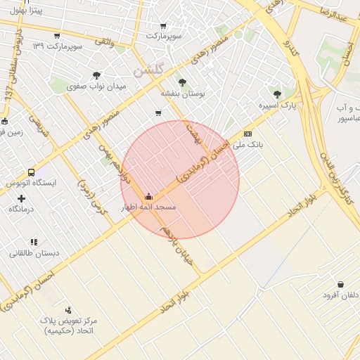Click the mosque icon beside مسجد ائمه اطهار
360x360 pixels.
pos(148,197)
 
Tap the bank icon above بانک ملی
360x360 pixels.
pos(247,134)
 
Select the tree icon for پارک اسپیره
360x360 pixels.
pos(277,94)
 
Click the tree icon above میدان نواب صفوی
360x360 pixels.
pos(96,75)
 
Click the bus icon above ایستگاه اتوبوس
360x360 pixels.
pos(30,172)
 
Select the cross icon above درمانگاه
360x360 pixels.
pos(21,199)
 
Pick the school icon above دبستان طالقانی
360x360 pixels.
pos(34,242)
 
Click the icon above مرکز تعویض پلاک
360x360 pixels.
pos(68,310)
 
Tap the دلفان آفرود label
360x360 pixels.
pos(341,295)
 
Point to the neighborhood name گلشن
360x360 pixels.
pos(149,72)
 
